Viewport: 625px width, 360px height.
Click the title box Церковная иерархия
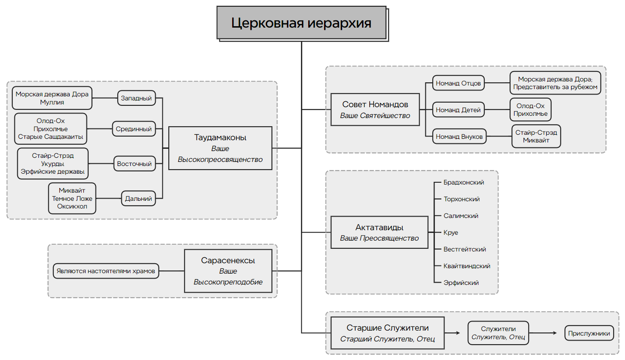[x=301, y=23]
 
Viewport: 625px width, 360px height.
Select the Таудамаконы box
[x=220, y=148]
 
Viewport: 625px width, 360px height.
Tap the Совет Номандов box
[x=375, y=109]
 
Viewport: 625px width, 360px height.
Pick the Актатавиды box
[x=379, y=232]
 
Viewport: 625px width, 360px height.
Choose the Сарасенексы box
[x=228, y=271]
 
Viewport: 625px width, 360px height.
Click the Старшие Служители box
[x=387, y=333]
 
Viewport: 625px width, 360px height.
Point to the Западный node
[x=136, y=98]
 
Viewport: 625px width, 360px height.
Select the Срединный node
[x=133, y=129]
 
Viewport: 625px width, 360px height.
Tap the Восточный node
[x=134, y=164]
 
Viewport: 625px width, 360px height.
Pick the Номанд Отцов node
[x=458, y=83]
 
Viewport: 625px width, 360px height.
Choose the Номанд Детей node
[x=458, y=110]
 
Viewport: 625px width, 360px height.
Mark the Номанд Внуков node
[x=459, y=137]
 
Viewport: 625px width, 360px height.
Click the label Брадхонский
[x=464, y=182]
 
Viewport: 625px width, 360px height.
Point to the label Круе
[x=451, y=232]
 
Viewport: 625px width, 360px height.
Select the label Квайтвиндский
[x=467, y=266]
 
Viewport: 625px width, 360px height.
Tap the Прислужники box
[x=589, y=334]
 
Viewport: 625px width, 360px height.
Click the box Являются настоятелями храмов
[x=106, y=271]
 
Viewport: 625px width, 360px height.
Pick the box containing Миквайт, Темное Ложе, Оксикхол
[x=72, y=198]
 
